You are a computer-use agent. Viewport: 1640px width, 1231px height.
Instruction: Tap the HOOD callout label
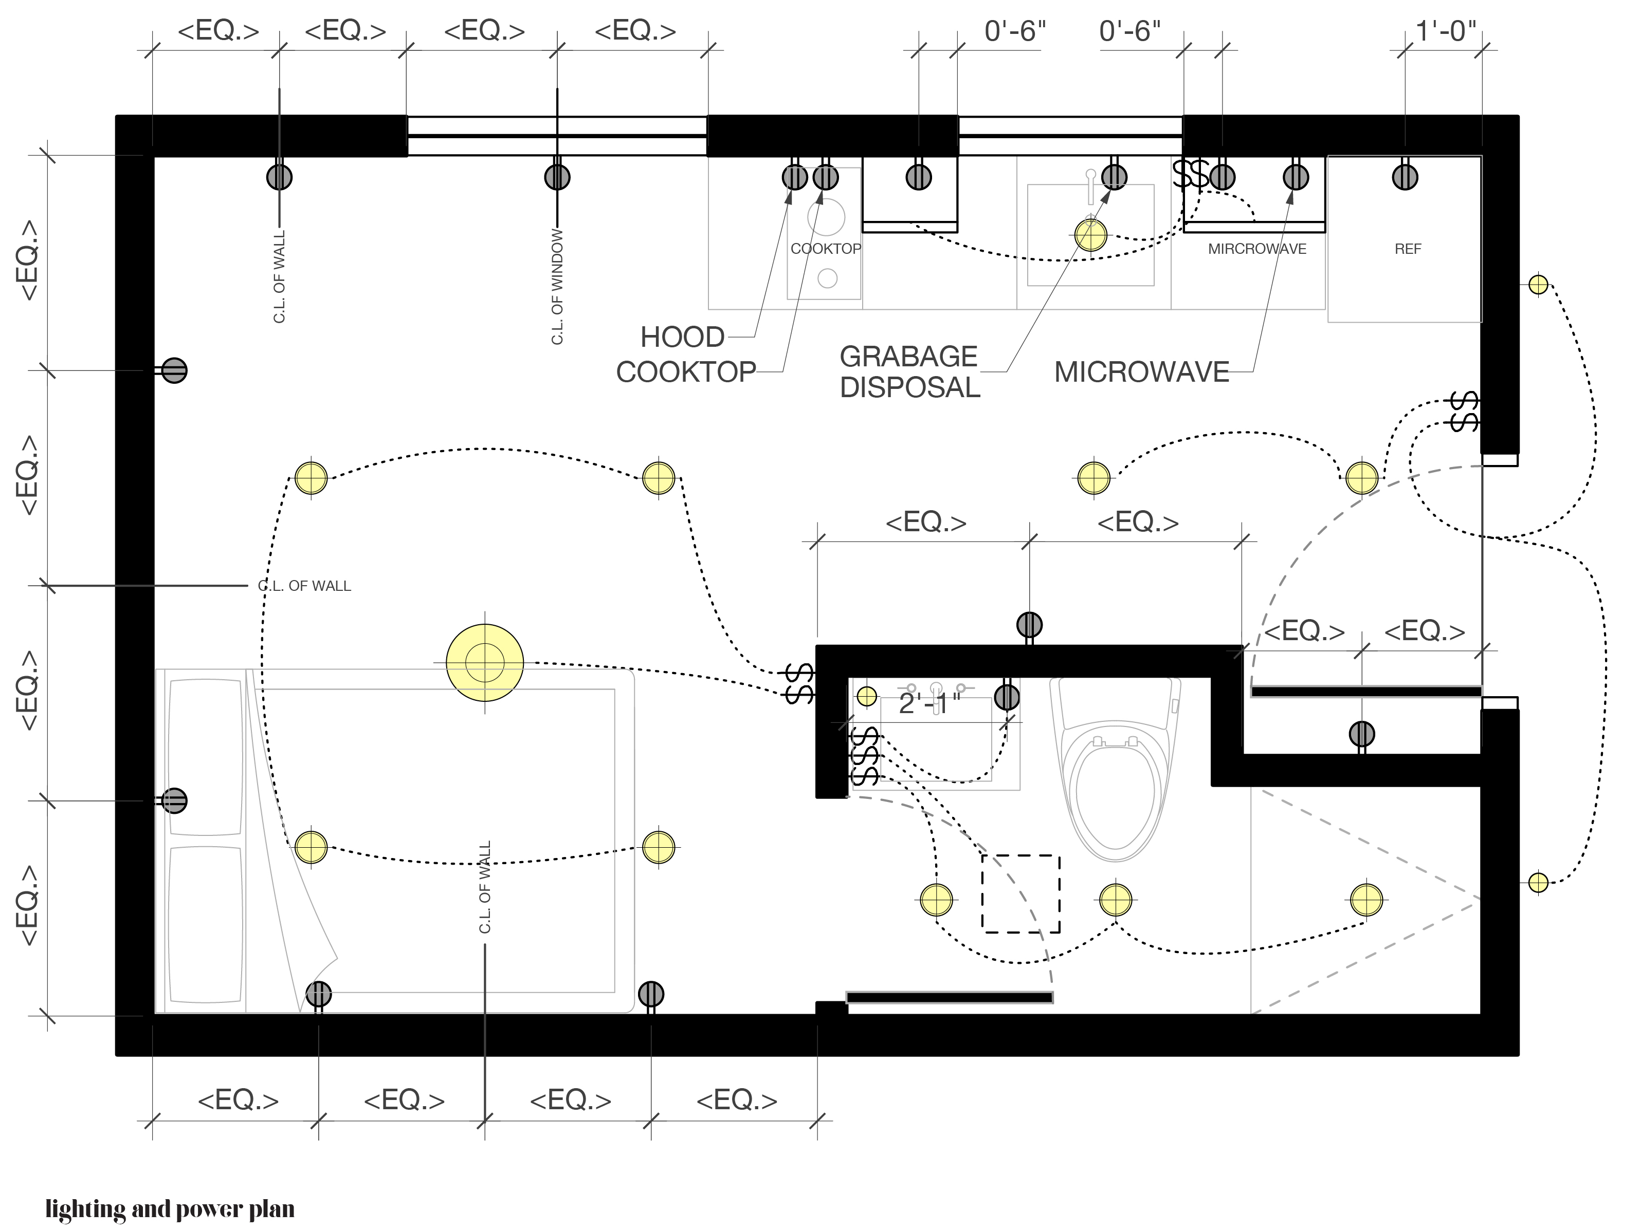(682, 337)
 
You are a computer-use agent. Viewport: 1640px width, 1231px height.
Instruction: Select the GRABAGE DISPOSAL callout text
(909, 372)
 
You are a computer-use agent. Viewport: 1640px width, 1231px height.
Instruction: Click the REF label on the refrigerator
(1407, 249)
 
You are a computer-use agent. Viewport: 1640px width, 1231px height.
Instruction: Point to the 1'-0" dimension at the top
(1446, 31)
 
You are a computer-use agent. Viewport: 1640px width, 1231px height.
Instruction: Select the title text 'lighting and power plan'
(170, 1209)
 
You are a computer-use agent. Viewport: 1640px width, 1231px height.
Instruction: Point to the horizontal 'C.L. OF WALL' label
(304, 586)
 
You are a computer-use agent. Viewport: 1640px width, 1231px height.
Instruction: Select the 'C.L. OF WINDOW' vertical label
(557, 287)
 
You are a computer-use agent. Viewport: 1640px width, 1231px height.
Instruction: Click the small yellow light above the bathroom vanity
(867, 696)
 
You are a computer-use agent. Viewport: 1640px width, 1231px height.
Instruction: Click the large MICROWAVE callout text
(1142, 372)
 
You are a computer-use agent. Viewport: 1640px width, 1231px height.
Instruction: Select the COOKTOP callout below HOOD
(686, 372)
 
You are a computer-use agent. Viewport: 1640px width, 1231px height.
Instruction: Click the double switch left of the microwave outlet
(1191, 175)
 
